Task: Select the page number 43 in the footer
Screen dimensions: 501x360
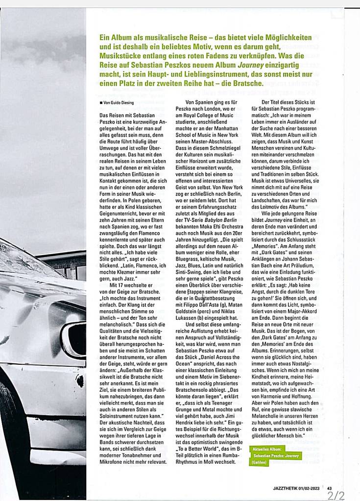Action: click(x=330, y=487)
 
